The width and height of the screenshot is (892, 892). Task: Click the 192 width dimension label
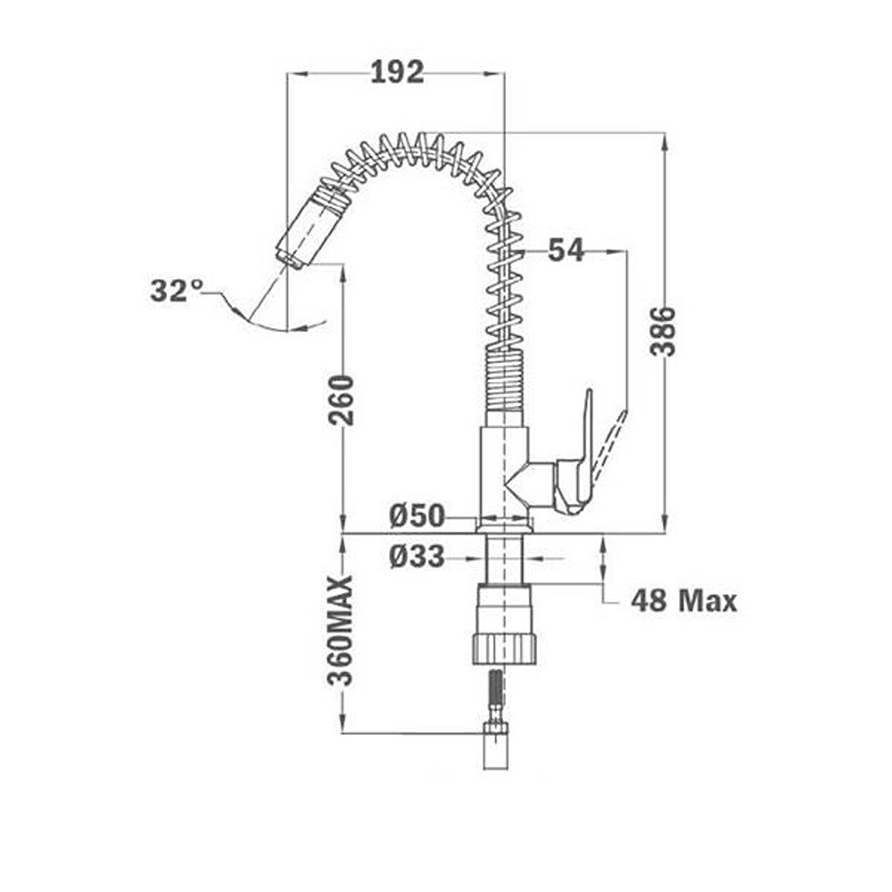[x=397, y=72]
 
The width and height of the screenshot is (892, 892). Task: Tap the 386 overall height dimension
[x=663, y=331]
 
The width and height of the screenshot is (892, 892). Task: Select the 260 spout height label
[x=341, y=400]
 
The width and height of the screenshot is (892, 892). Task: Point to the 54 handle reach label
[x=566, y=251]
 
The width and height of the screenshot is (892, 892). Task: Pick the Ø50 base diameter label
[x=417, y=516]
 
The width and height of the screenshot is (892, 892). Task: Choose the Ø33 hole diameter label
[x=417, y=557]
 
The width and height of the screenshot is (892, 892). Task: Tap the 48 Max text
[x=684, y=600]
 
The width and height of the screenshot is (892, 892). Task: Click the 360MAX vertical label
[x=341, y=631]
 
